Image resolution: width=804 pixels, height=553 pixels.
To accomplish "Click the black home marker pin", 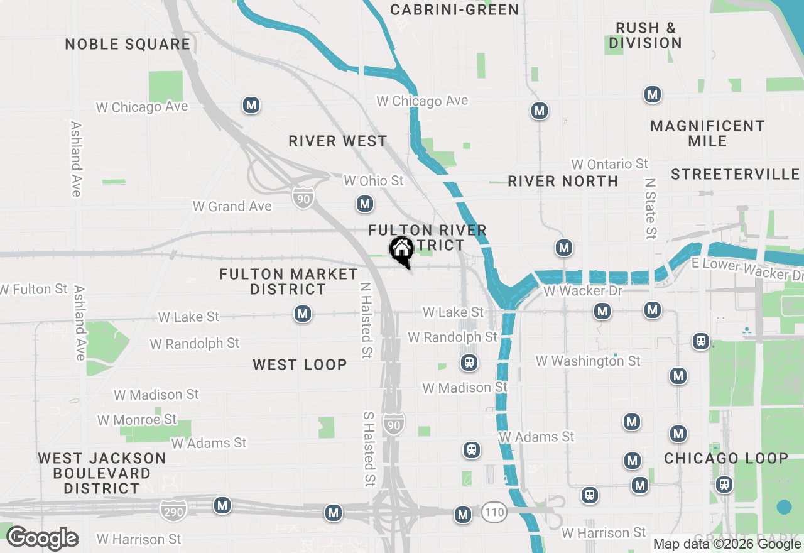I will [x=401, y=250].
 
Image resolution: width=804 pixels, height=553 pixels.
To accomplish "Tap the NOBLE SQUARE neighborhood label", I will [x=128, y=44].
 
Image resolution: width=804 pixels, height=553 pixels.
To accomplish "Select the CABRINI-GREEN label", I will [x=454, y=9].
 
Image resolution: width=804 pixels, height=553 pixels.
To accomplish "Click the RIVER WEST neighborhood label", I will [x=338, y=141].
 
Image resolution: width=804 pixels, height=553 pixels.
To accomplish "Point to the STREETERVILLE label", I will [x=735, y=174].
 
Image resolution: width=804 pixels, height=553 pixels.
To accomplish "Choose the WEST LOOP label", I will [x=300, y=364].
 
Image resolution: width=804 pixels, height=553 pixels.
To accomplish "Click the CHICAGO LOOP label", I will [x=725, y=458].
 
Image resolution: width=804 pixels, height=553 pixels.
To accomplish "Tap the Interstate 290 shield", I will [x=173, y=511].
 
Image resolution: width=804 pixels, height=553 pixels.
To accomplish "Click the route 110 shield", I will [x=494, y=512].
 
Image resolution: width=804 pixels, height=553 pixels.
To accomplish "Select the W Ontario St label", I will [x=609, y=164].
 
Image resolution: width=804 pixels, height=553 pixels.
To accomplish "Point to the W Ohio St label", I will [x=373, y=180].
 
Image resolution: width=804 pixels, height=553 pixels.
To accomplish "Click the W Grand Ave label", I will [x=232, y=206].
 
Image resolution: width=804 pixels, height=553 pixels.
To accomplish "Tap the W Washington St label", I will [x=587, y=361].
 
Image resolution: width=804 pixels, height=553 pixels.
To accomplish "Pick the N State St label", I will [x=650, y=208].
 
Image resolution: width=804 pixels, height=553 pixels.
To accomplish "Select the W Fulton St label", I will [x=33, y=289].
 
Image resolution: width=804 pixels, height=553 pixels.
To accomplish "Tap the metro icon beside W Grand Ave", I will [x=364, y=204].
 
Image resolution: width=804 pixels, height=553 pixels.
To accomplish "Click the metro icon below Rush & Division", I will [x=653, y=95].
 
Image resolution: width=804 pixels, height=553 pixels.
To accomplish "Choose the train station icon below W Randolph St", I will [x=469, y=363].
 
